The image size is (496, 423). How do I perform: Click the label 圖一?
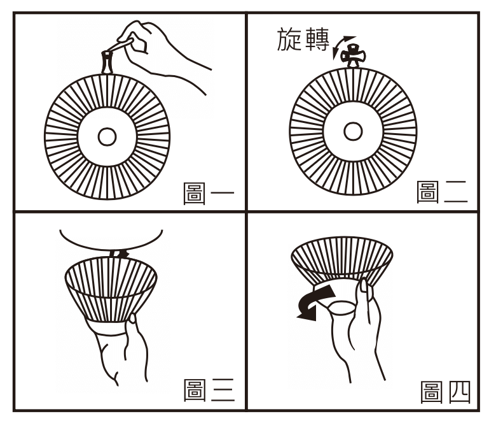pyautogui.click(x=207, y=192)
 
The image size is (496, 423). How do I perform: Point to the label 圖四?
pyautogui.click(x=444, y=392)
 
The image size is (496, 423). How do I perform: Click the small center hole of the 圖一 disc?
pyautogui.click(x=107, y=136)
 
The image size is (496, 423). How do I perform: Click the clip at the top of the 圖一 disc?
pyautogui.click(x=106, y=62)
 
